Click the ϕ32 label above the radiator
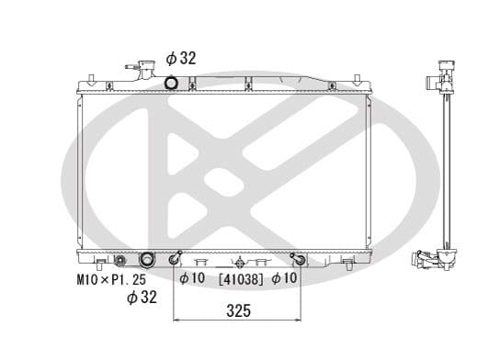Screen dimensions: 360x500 tap(181, 58)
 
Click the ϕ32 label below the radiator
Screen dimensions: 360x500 tap(142, 296)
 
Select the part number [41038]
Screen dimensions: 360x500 tap(240, 278)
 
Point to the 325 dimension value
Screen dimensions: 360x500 tap(237, 311)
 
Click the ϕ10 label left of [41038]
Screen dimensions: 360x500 tap(192, 278)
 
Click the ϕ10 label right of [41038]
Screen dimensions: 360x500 tap(286, 278)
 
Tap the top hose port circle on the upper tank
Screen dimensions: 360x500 tap(170, 84)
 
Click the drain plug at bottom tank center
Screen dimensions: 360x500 tap(239, 261)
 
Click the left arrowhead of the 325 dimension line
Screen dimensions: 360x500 tap(177, 321)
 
